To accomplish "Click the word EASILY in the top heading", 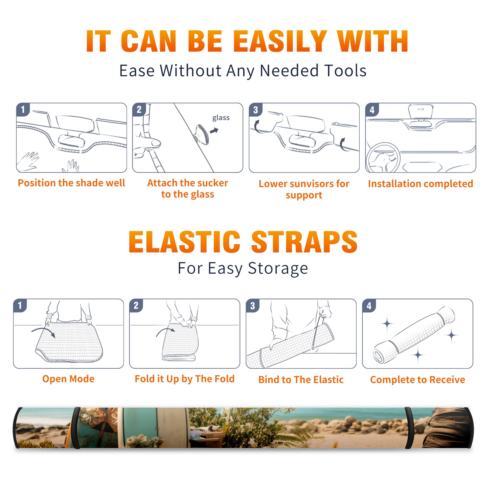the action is pyautogui.click(x=280, y=41).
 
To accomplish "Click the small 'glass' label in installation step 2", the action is pyautogui.click(x=221, y=118).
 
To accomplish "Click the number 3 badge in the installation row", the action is pyautogui.click(x=255, y=110).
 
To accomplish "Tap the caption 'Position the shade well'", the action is pyautogui.click(x=71, y=183).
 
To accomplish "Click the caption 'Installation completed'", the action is pyautogui.click(x=420, y=184).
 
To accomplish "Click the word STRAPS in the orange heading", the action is pyautogui.click(x=304, y=242).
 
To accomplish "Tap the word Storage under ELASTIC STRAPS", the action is pyautogui.click(x=278, y=269).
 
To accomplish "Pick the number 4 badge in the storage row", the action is pyautogui.click(x=369, y=306).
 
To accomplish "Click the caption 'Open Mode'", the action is pyautogui.click(x=68, y=379).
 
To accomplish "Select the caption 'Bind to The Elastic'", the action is pyautogui.click(x=301, y=380).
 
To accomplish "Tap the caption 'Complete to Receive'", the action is pyautogui.click(x=418, y=380).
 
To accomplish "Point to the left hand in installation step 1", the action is pyautogui.click(x=28, y=161).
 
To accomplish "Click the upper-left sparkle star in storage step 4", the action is pyautogui.click(x=387, y=324).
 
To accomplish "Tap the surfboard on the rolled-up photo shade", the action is pyautogui.click(x=170, y=427).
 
